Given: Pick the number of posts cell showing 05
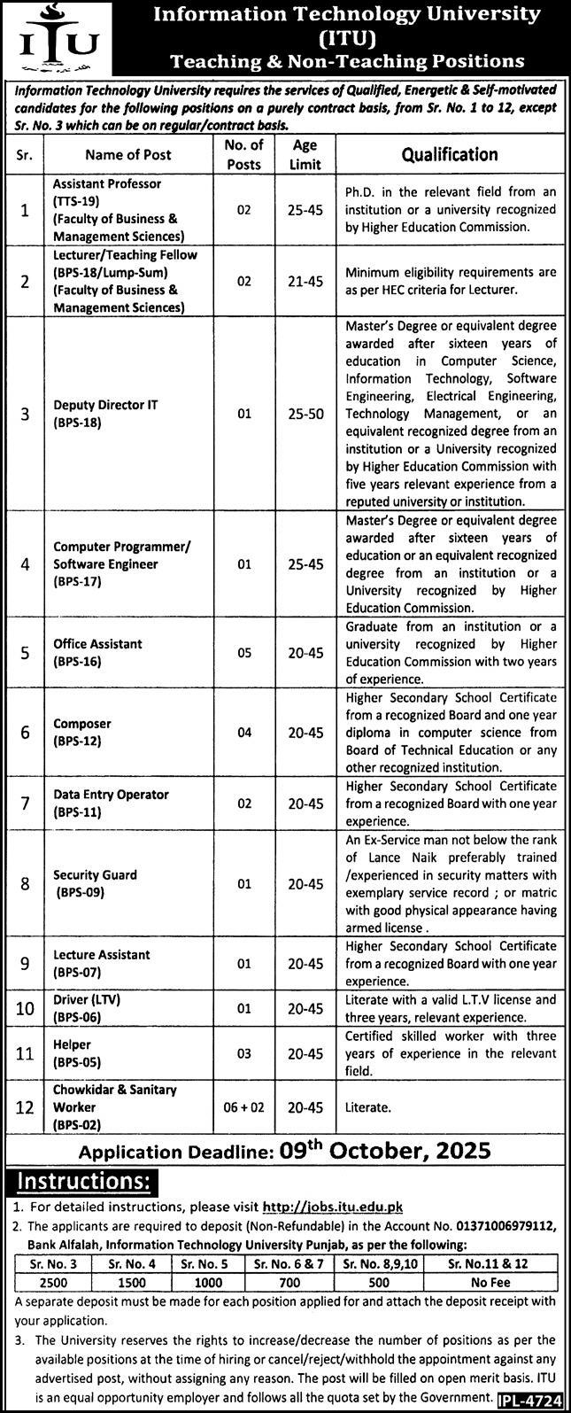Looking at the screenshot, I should coord(244,653).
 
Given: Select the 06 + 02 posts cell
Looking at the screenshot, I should coord(244,1106).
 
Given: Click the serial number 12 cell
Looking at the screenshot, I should coord(25,1106).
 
